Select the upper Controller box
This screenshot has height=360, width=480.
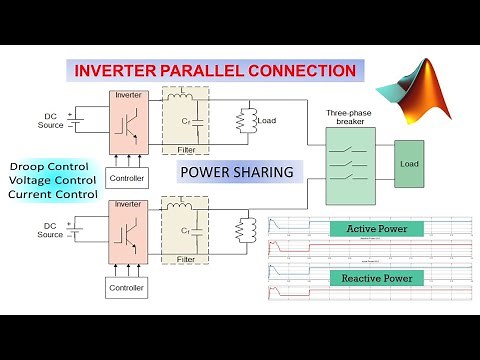coord(125,179)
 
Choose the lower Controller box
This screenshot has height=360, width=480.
coord(125,287)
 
